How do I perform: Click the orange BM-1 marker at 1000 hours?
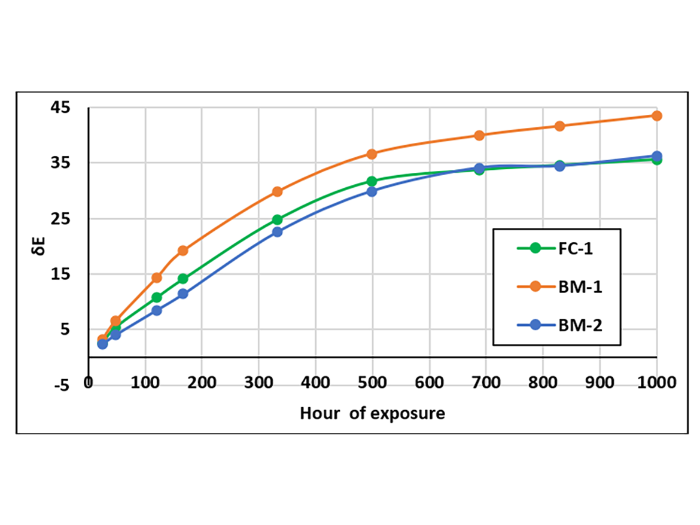(656, 115)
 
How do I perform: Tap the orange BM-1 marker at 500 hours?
(372, 154)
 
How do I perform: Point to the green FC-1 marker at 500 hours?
(372, 181)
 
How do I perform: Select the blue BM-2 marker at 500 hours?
(372, 191)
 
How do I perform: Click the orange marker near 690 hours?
(479, 135)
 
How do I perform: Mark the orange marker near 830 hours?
(559, 126)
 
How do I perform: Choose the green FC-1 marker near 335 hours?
(277, 219)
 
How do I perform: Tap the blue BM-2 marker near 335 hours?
(277, 231)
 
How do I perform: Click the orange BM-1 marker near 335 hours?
(277, 191)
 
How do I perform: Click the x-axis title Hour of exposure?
(372, 413)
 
